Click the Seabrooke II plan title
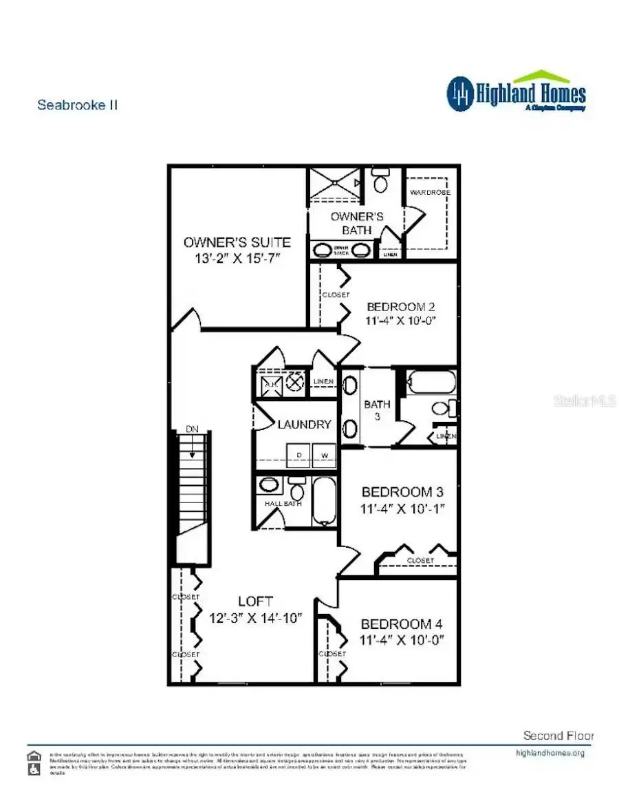[x=77, y=105]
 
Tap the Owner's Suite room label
[x=237, y=242]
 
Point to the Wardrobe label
[x=430, y=193]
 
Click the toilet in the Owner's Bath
[x=380, y=182]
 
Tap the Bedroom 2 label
[x=401, y=307]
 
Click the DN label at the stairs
[x=192, y=429]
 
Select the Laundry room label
[x=304, y=425]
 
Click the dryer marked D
[x=298, y=456]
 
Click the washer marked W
[x=325, y=456]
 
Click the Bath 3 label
[x=377, y=410]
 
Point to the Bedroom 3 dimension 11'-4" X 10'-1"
[x=402, y=509]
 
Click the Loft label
[x=256, y=601]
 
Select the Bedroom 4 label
[x=402, y=624]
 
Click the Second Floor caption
[x=558, y=736]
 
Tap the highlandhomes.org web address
[x=550, y=753]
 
